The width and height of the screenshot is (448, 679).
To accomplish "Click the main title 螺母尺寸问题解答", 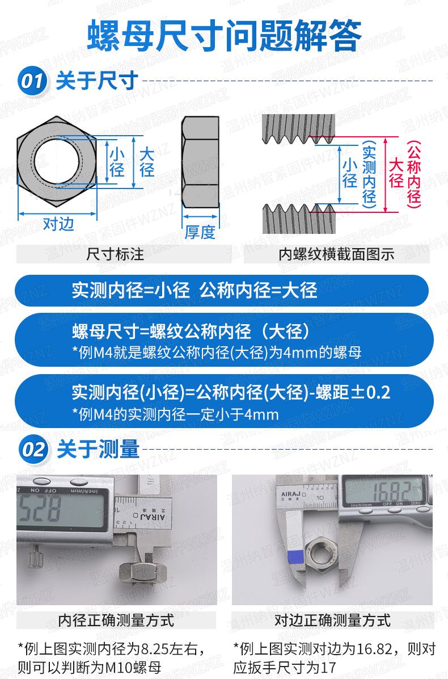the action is [225, 36].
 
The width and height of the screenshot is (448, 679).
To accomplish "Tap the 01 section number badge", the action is [32, 81].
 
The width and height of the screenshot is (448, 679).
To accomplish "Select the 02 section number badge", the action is [33, 449].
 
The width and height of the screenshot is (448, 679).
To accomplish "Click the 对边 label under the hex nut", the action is [58, 224].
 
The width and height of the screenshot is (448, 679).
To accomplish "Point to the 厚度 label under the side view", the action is [200, 233].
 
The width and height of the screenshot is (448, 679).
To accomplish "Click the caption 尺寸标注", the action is [116, 254].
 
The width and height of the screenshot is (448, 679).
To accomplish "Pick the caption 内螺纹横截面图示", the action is [336, 254].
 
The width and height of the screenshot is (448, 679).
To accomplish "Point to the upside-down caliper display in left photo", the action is [61, 509].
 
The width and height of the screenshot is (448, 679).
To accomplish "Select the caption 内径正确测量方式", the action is [116, 620].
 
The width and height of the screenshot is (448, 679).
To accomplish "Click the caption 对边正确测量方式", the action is [332, 620].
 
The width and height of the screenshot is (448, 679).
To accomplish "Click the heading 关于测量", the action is [98, 449].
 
